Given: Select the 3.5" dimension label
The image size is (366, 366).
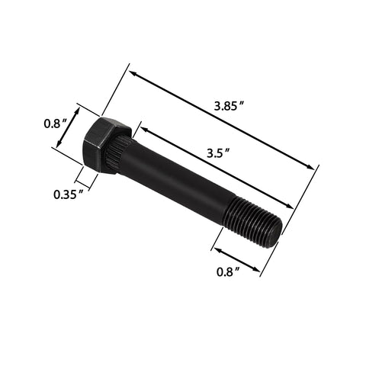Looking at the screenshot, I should coord(218,152).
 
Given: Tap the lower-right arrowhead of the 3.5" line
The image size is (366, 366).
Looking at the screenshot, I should coord(291,206).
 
